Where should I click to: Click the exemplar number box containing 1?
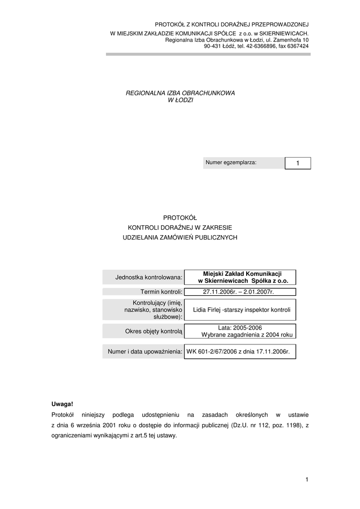[297, 163]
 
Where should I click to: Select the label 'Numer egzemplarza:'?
[231, 163]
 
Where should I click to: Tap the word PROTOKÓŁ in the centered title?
[180, 217]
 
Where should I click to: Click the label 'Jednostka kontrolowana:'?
[149, 277]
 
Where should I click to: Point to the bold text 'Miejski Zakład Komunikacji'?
[243, 273]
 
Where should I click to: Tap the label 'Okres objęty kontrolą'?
[154, 331]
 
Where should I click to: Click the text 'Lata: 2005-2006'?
[240, 328]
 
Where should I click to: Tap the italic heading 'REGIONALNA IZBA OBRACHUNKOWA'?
[180, 93]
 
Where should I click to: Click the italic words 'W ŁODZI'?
[180, 100]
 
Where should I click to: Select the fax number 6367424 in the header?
[298, 46]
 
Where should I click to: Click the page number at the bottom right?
[307, 479]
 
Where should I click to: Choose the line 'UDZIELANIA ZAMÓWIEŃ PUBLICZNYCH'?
[180, 238]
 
